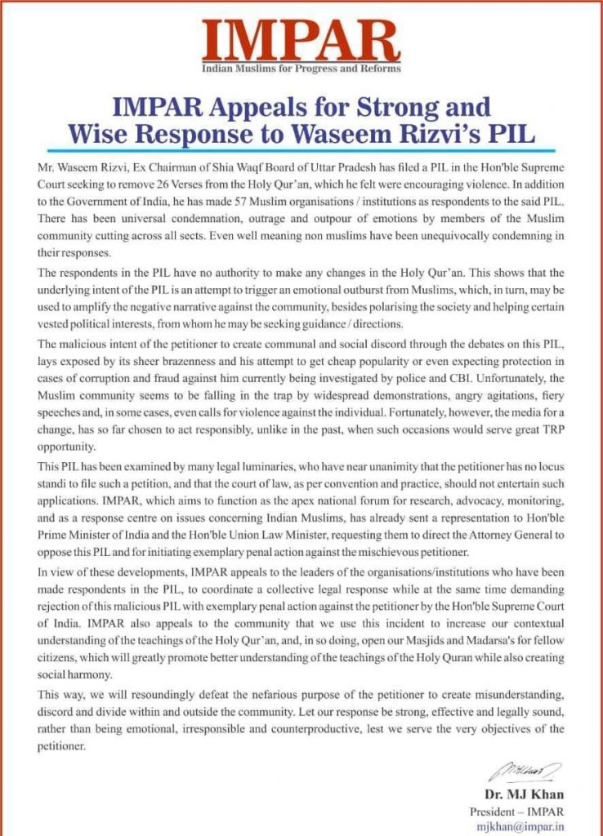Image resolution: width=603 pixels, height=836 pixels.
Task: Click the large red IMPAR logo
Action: pos(301,37)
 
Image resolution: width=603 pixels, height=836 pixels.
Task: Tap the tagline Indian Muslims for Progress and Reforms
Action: pos(301,69)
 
